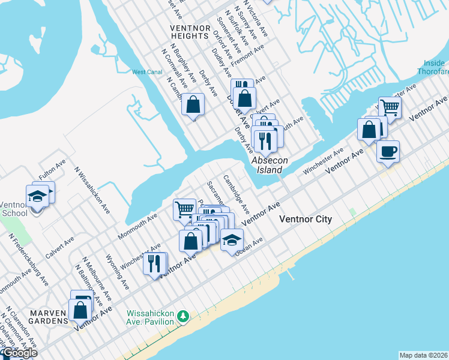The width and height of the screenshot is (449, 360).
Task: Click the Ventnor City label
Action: pyautogui.click(x=306, y=220)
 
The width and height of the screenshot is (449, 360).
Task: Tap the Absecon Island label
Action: pyautogui.click(x=266, y=165)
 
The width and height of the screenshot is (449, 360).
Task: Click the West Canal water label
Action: pyautogui.click(x=147, y=72)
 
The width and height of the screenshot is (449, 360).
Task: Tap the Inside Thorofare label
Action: pyautogui.click(x=432, y=67)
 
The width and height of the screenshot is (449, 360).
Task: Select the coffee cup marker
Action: pyautogui.click(x=388, y=151)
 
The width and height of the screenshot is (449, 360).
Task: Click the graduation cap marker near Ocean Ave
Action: pyautogui.click(x=232, y=240)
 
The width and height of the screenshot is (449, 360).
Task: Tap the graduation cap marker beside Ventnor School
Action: pyautogui.click(x=37, y=196)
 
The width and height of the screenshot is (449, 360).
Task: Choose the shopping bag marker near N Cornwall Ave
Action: pyautogui.click(x=193, y=104)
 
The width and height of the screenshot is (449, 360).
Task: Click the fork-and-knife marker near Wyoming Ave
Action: pyautogui.click(x=154, y=263)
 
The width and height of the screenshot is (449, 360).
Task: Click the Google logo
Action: pyautogui.click(x=19, y=353)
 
